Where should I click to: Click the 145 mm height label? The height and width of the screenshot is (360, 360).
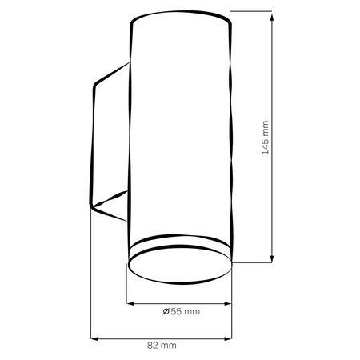(266, 138)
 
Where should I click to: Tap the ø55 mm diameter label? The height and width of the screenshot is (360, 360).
(182, 311)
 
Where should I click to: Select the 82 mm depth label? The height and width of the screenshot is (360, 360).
(162, 346)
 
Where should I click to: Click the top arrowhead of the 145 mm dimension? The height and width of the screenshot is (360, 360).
(272, 17)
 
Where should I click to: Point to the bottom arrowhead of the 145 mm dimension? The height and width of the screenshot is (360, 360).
(272, 258)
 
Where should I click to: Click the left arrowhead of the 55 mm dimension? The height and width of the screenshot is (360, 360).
(130, 303)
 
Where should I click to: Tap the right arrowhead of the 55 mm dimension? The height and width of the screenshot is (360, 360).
(228, 303)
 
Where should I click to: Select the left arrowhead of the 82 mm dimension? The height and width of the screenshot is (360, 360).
(94, 339)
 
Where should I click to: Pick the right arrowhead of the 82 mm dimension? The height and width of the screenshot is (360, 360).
(228, 339)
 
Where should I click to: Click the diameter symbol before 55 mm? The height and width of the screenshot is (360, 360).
(166, 311)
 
